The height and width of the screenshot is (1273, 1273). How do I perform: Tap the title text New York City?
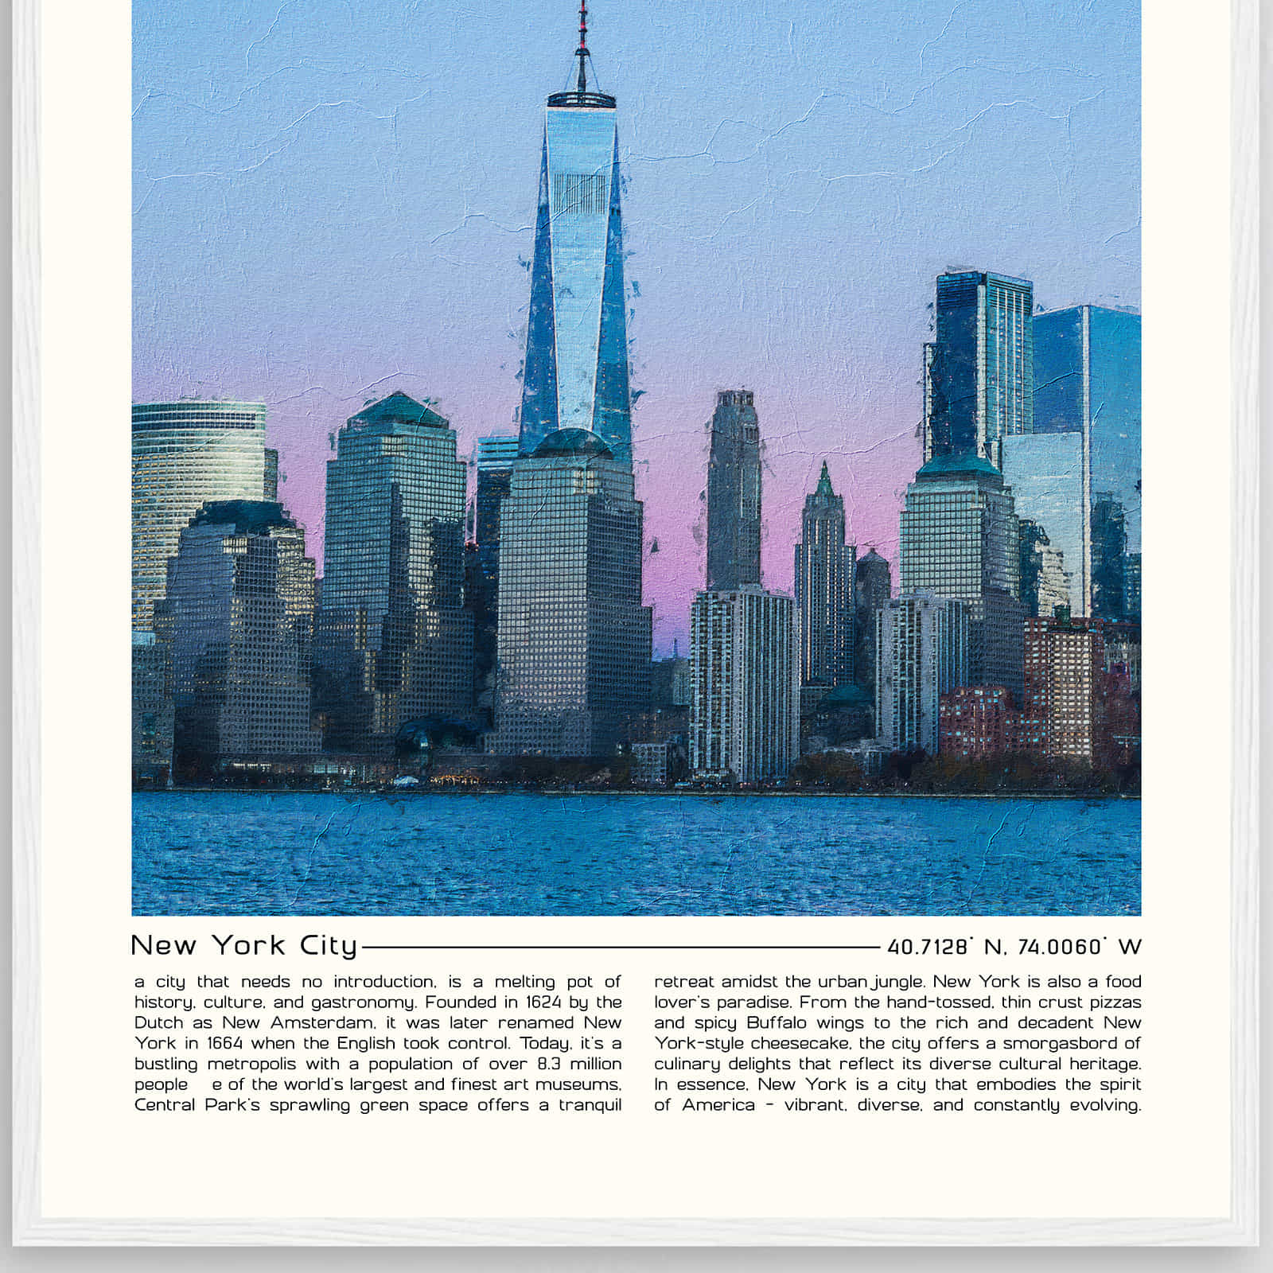[x=244, y=945]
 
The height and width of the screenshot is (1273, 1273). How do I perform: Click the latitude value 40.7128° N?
[x=944, y=947]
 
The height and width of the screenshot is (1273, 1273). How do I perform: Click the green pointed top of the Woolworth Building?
[x=824, y=481]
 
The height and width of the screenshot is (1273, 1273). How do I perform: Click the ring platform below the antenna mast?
[x=582, y=99]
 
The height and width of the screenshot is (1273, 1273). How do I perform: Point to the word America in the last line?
[x=718, y=1105]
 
